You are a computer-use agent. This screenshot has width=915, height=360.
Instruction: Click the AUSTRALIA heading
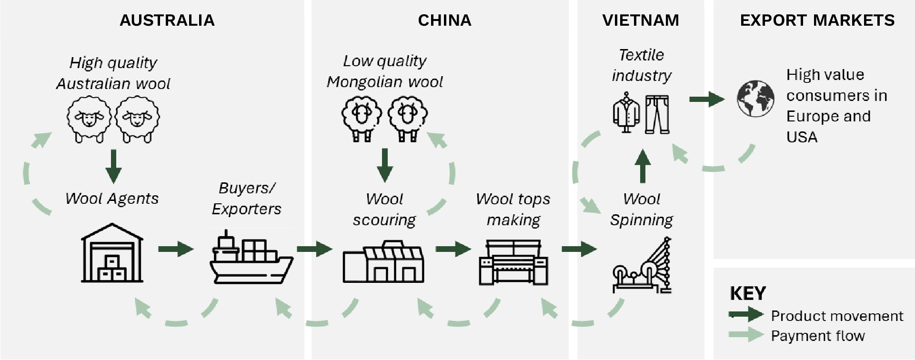pos(167,20)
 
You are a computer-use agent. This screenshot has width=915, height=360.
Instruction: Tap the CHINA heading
pos(444,20)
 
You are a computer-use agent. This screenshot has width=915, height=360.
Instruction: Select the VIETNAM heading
pos(641,20)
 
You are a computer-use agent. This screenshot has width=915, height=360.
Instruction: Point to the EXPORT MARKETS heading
pos(817,20)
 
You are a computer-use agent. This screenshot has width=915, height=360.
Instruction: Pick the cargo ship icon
pos(251,258)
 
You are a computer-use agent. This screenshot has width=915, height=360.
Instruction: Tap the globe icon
pos(755,99)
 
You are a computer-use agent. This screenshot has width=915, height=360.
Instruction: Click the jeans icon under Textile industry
pos(657,114)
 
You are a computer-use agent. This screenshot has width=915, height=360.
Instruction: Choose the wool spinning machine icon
pos(642,267)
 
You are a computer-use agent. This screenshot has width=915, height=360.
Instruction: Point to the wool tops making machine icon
pos(513,262)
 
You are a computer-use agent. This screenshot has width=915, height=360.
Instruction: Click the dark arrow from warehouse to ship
pos(176,249)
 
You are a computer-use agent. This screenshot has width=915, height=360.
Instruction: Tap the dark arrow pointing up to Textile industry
pos(643,166)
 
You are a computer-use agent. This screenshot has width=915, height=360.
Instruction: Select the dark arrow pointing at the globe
pos(707,99)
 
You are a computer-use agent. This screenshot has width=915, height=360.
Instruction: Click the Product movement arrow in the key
pos(746,314)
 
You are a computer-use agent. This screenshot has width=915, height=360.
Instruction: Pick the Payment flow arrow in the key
pos(746,334)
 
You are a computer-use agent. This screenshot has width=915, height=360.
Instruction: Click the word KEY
pos(748,293)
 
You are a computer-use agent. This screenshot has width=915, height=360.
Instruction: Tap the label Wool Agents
pos(112,199)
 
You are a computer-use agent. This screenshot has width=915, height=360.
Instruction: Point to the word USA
pos(802,137)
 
